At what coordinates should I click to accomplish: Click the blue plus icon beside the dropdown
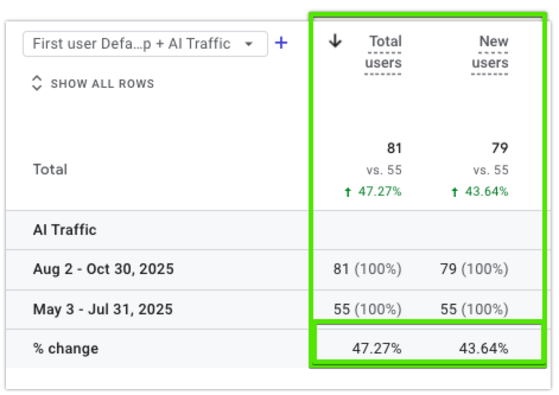pos(281,43)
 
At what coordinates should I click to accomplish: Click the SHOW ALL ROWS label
pos(102,84)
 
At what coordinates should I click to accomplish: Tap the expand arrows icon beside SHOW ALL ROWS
pos(37,83)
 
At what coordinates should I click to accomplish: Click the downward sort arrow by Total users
pos(335,41)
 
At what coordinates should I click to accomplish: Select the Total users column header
pos(384,52)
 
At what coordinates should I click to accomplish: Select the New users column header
pos(491,52)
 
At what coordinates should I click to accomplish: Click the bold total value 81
pos(394,148)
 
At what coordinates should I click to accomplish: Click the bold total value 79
pos(500,148)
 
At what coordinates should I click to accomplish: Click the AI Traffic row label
pos(65,230)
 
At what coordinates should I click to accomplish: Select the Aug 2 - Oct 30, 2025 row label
pos(103,269)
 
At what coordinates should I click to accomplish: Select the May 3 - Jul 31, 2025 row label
pos(103,309)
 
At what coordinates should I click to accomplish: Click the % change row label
pos(66,349)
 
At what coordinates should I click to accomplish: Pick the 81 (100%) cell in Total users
pos(367,269)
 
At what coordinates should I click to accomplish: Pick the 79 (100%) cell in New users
pos(474,269)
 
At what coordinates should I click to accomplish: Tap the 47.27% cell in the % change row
pos(377,349)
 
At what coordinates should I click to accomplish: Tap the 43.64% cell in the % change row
pos(484,349)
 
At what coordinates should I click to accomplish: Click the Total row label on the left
pos(50,170)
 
